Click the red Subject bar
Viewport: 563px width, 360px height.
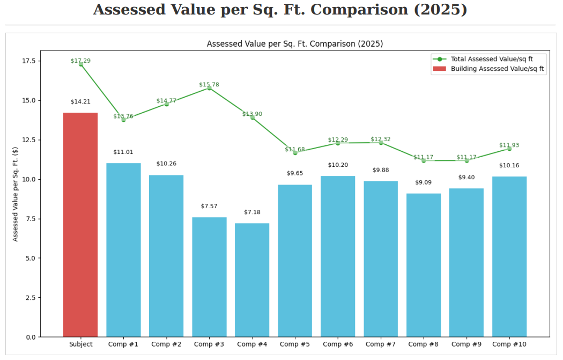point(80,225)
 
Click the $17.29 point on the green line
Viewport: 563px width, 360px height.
point(80,64)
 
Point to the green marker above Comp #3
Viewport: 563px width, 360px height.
point(209,87)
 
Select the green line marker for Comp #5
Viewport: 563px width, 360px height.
point(295,152)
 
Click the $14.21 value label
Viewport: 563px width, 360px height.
point(80,102)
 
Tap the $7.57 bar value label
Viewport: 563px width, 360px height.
point(209,207)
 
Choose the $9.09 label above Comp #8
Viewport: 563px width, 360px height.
point(424,182)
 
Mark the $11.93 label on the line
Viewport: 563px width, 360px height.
point(509,145)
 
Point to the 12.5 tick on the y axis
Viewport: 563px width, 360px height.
point(28,139)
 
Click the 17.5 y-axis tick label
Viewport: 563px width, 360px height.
point(28,61)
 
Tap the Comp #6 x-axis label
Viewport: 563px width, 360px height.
point(338,344)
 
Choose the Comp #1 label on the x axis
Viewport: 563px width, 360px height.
point(123,344)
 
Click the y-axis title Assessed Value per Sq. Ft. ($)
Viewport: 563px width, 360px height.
point(16,194)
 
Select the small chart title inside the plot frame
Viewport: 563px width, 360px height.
point(295,44)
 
